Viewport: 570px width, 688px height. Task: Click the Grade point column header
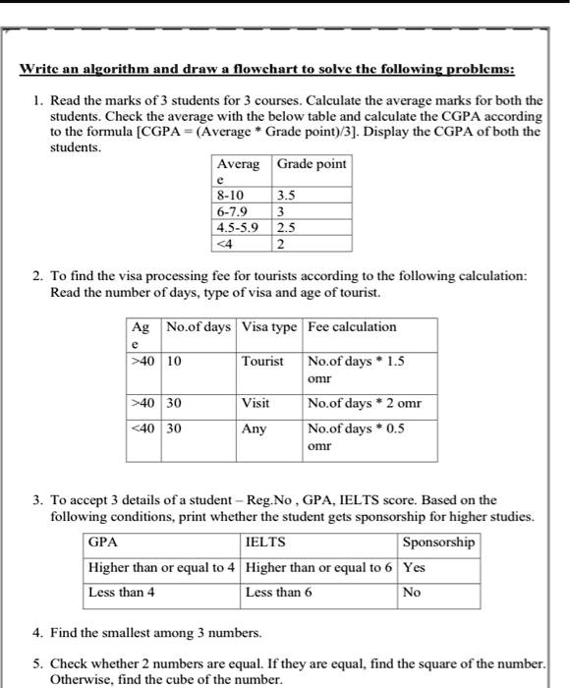312,163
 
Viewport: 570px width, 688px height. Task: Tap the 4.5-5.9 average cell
238,227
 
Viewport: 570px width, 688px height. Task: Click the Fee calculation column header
352,327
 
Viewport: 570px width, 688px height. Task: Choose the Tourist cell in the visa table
262,361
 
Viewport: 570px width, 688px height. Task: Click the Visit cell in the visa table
256,403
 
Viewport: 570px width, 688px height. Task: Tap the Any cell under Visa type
254,429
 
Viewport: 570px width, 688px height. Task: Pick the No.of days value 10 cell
175,361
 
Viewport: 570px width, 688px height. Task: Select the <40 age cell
143,429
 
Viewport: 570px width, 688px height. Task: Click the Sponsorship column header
438,542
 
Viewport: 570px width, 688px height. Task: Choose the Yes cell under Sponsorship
415,567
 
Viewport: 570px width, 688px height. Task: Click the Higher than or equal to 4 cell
162,567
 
